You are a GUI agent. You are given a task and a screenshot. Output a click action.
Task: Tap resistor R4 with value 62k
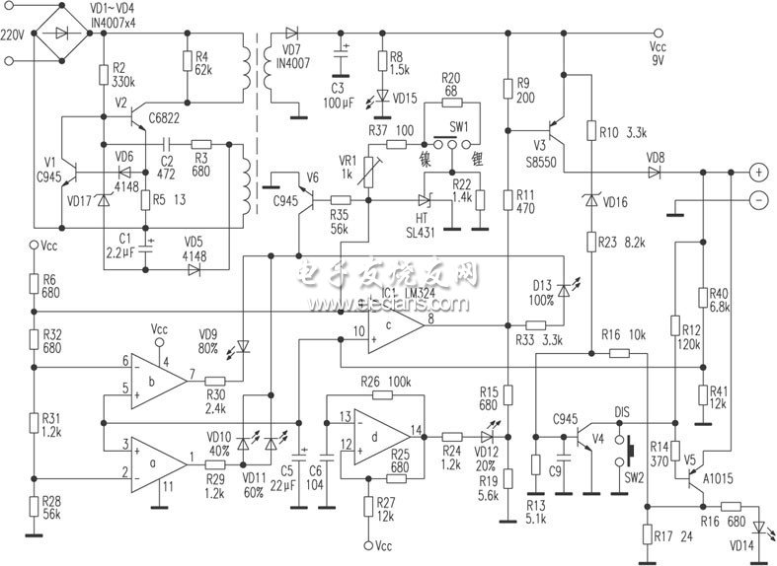[x=187, y=62]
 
